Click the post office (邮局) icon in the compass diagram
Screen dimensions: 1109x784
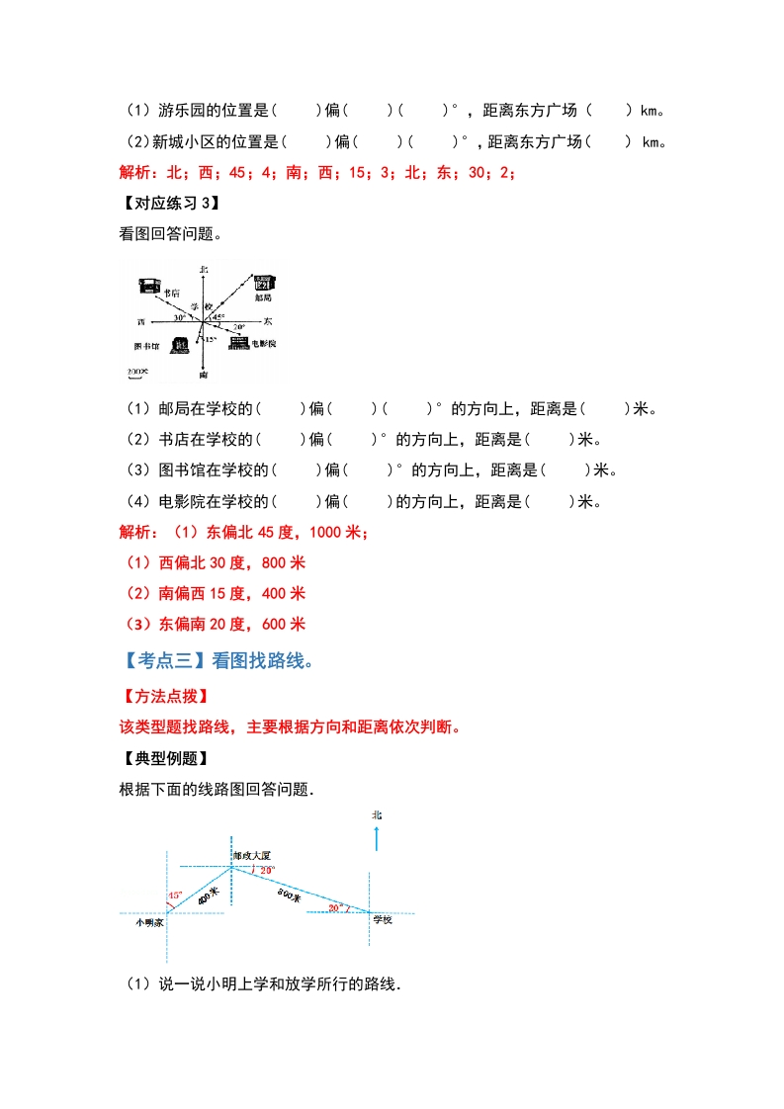264,282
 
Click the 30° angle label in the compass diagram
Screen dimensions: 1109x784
180,318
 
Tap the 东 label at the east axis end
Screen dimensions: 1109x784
268,322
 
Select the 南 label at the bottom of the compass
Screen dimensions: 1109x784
203,376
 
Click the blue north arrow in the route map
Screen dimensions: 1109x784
377,839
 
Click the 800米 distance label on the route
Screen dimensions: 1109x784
289,896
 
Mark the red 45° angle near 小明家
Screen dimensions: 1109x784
175,896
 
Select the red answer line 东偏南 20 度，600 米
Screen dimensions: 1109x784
212,624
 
